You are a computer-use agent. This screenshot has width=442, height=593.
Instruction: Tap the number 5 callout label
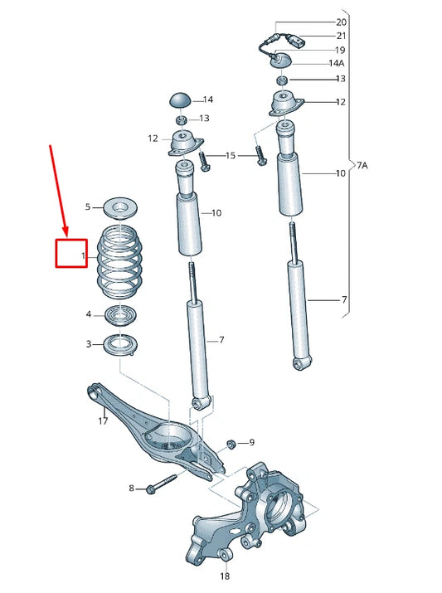(88, 207)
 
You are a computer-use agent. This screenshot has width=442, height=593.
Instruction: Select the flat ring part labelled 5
(120, 207)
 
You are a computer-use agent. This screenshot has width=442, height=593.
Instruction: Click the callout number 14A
(337, 63)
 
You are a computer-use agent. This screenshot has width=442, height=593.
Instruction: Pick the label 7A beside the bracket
(362, 166)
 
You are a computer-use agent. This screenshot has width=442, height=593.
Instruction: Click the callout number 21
(341, 36)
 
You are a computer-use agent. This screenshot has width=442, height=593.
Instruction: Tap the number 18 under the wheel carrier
(224, 576)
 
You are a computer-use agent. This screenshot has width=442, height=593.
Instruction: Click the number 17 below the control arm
(103, 421)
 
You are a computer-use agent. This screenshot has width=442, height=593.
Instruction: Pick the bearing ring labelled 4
(121, 314)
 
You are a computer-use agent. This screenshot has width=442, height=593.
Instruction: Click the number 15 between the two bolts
(231, 155)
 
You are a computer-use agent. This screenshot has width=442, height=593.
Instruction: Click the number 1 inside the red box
(83, 258)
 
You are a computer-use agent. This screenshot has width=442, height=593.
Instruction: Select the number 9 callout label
(251, 444)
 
